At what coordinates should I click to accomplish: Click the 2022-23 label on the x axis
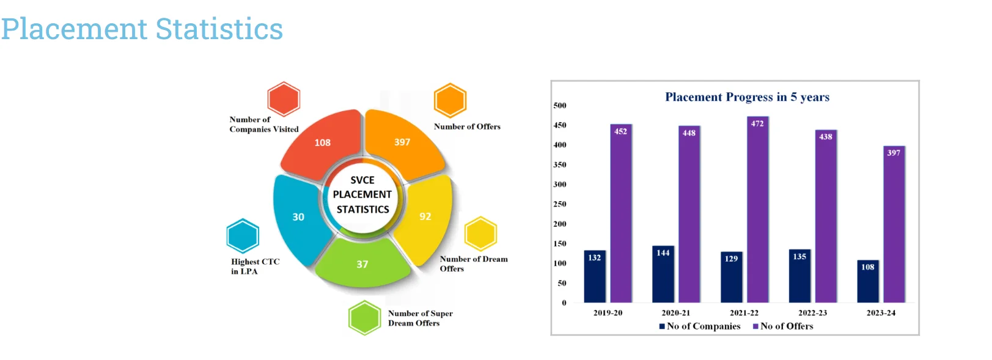click(x=812, y=313)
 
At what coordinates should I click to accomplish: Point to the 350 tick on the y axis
click(x=560, y=165)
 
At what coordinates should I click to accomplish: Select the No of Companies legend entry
click(x=700, y=326)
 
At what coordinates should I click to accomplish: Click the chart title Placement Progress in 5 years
click(x=747, y=97)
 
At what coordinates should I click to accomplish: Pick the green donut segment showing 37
click(x=362, y=265)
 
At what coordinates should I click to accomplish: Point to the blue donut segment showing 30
click(x=298, y=217)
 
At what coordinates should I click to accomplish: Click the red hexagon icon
click(x=284, y=99)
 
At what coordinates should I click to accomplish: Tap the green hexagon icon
click(x=365, y=318)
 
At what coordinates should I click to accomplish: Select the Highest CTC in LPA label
click(x=255, y=266)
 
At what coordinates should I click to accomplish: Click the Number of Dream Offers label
click(x=473, y=264)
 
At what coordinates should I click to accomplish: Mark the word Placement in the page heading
click(x=74, y=29)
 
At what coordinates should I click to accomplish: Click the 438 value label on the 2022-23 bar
click(x=826, y=137)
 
